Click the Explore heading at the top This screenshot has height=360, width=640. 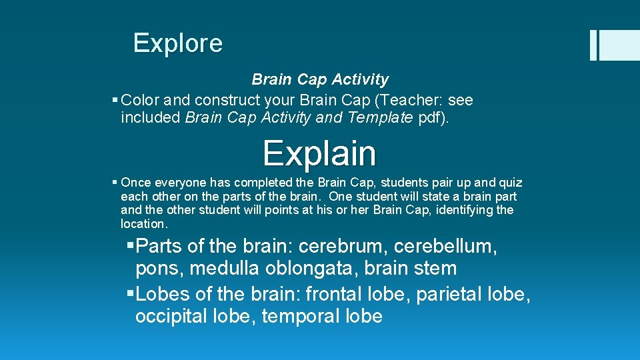pyautogui.click(x=177, y=43)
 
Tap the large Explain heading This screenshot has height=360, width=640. pyautogui.click(x=319, y=153)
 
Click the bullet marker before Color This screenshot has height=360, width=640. pyautogui.click(x=116, y=101)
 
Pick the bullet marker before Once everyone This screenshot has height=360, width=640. pyautogui.click(x=116, y=183)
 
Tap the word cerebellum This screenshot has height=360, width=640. pyautogui.click(x=444, y=247)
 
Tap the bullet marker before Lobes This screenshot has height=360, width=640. pyautogui.click(x=130, y=294)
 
